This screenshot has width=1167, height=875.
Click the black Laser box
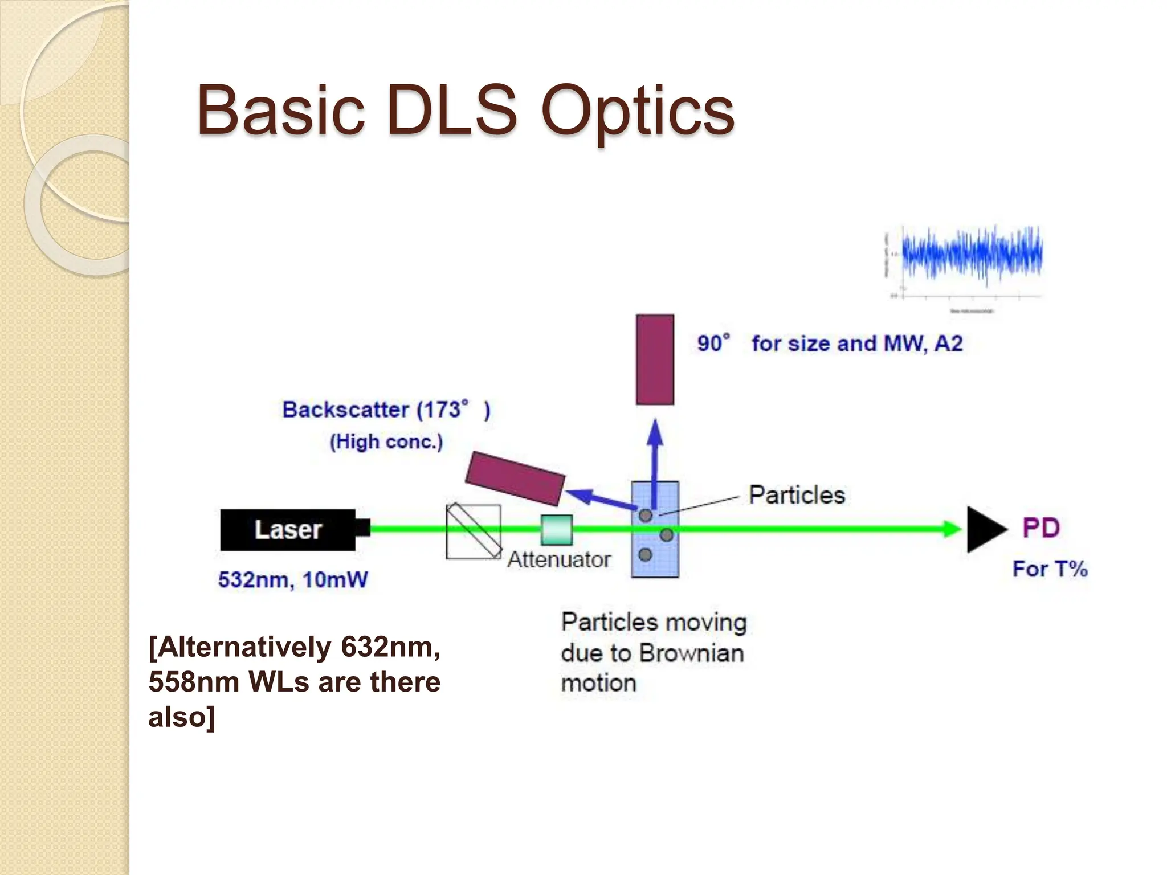(288, 530)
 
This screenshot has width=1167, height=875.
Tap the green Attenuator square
(556, 530)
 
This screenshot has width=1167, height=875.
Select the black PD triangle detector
(984, 529)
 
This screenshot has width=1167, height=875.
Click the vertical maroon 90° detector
(655, 359)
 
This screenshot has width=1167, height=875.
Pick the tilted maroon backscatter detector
(515, 479)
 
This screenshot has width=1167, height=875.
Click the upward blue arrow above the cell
(655, 456)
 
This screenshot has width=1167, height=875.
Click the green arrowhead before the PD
(952, 529)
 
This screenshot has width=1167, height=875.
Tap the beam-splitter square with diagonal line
(473, 531)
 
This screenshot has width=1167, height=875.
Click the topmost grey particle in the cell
(645, 516)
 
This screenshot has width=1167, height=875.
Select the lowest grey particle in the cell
(645, 554)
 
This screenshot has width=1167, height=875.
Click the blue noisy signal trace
(972, 254)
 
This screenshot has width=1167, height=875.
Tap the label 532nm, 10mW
(293, 580)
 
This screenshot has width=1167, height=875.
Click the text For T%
(1050, 569)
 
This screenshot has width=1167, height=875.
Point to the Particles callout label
(797, 494)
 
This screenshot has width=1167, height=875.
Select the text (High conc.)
(386, 441)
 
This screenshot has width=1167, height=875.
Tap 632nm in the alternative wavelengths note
(390, 647)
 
